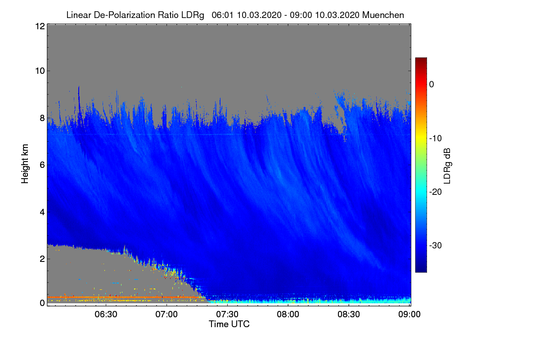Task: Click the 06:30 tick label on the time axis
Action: pos(106,314)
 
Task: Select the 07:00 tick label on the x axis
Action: pos(166,314)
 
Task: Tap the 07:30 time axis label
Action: pos(227,314)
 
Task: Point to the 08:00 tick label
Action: pos(288,314)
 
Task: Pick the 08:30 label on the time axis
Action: pos(349,314)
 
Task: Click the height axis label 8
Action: pos(42,118)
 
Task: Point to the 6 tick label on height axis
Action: pos(42,165)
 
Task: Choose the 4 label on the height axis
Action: pos(42,211)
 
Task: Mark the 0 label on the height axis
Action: pos(42,303)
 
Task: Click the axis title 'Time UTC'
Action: pos(229,324)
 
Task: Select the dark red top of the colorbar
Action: pos(421,60)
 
